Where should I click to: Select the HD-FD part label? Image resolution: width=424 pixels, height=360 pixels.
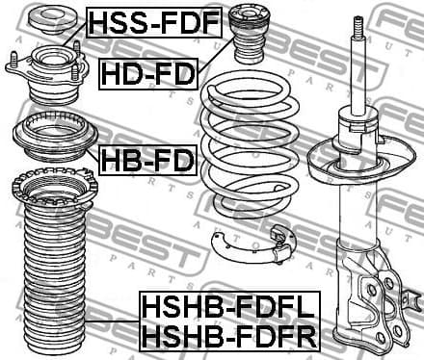pos(146,70)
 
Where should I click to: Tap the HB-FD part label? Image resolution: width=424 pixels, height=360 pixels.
pos(146,157)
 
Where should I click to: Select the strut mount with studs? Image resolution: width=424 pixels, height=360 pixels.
pos(45,76)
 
